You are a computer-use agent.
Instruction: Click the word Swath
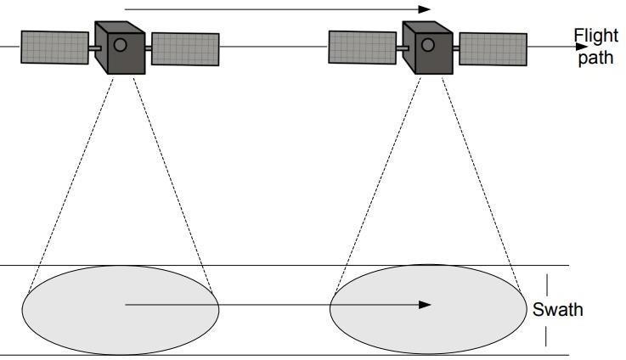click(x=558, y=309)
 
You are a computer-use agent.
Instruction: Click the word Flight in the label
click(x=595, y=36)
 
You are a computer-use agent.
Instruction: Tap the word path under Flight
click(x=595, y=59)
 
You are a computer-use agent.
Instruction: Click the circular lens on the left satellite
click(x=121, y=44)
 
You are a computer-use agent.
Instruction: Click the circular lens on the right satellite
click(x=429, y=44)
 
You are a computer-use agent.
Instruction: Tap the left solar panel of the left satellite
click(x=54, y=48)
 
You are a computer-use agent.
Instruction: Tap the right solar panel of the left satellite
click(x=184, y=49)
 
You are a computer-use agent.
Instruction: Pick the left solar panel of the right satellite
click(x=363, y=48)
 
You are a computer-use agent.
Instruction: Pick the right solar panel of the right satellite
click(x=493, y=49)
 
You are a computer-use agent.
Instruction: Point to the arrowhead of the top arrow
click(x=427, y=10)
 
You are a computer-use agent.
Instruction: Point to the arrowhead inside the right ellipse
click(x=426, y=304)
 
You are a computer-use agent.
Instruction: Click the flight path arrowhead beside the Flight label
click(x=582, y=47)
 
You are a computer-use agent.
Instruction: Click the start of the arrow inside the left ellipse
click(x=126, y=304)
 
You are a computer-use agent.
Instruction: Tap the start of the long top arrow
click(x=125, y=10)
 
